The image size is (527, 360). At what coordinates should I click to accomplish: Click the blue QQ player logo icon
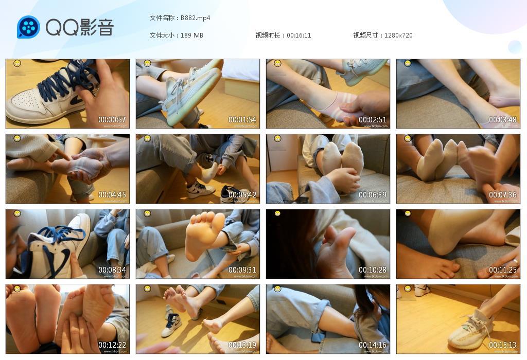tap(28, 27)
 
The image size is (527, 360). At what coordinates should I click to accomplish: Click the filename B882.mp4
tap(195, 18)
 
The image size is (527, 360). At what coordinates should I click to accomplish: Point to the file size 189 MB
tap(192, 35)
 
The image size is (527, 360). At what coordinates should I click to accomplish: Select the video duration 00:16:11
tap(299, 35)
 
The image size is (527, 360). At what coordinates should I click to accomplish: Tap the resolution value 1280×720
tap(398, 35)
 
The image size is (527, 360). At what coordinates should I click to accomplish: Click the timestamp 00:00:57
tap(112, 120)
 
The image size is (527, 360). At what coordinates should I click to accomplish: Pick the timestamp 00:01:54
tap(242, 120)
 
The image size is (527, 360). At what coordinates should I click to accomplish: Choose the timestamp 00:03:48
tap(503, 120)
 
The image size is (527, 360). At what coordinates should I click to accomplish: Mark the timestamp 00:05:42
tap(242, 195)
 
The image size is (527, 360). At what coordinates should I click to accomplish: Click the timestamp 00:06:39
tap(373, 195)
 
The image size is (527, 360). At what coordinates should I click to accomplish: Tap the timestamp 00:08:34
tap(112, 270)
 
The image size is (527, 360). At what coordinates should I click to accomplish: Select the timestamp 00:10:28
tap(373, 270)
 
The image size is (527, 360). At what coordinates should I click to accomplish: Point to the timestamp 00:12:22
tap(112, 345)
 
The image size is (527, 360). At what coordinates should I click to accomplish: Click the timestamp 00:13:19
tap(242, 345)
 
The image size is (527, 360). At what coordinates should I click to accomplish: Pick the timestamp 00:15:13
tap(503, 345)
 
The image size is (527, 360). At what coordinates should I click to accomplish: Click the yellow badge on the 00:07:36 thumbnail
tap(408, 139)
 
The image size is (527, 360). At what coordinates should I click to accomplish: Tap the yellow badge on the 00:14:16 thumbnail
tap(278, 289)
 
